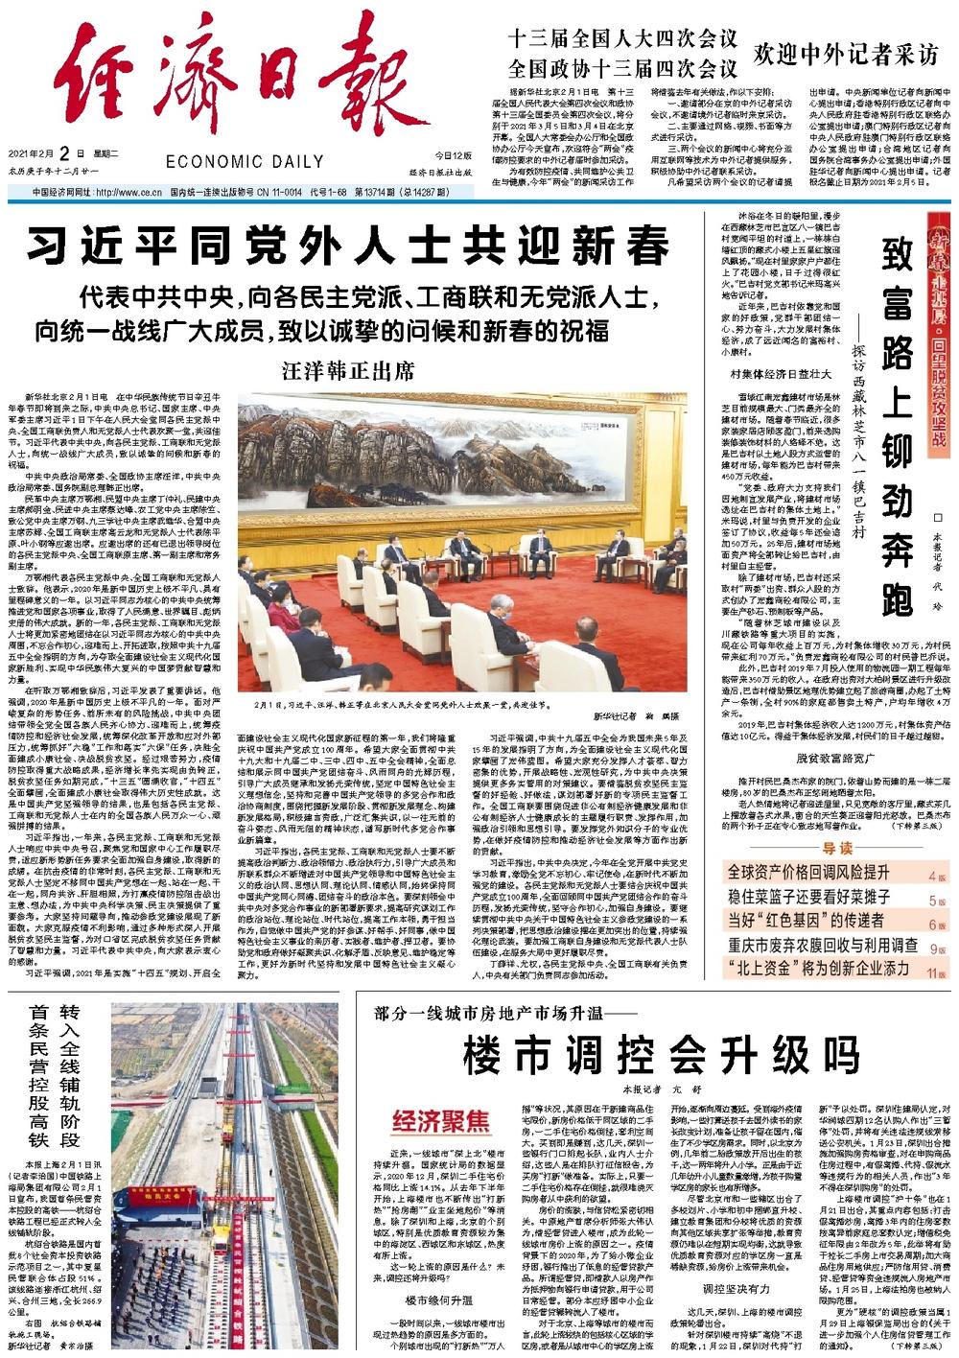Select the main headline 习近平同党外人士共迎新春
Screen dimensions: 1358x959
click(346, 246)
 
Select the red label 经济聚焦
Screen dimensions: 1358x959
click(440, 1120)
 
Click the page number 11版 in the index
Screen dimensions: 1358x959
click(936, 971)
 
